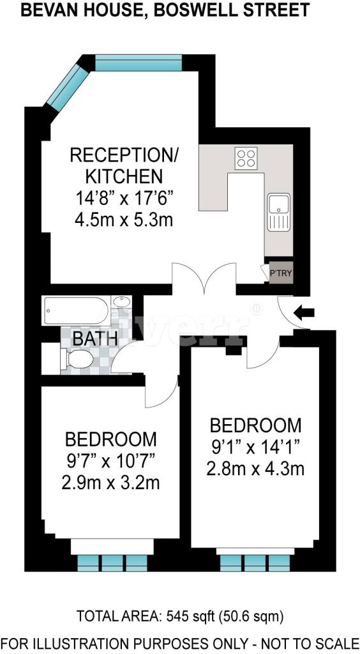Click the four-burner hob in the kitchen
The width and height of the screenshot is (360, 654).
pyautogui.click(x=245, y=158)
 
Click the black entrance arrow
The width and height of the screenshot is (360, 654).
pyautogui.click(x=304, y=312)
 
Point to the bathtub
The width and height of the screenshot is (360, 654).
pyautogui.click(x=75, y=310)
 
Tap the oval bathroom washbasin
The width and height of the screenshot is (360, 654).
pyautogui.click(x=121, y=301)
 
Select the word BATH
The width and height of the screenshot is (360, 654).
pyautogui.click(x=94, y=338)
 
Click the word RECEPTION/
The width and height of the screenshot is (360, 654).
pyautogui.click(x=124, y=155)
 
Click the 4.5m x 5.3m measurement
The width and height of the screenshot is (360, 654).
pyautogui.click(x=124, y=220)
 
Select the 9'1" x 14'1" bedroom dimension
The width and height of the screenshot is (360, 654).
pyautogui.click(x=255, y=448)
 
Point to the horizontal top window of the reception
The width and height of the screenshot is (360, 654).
pyautogui.click(x=139, y=63)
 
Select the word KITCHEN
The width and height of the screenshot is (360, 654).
pyautogui.click(x=124, y=176)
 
